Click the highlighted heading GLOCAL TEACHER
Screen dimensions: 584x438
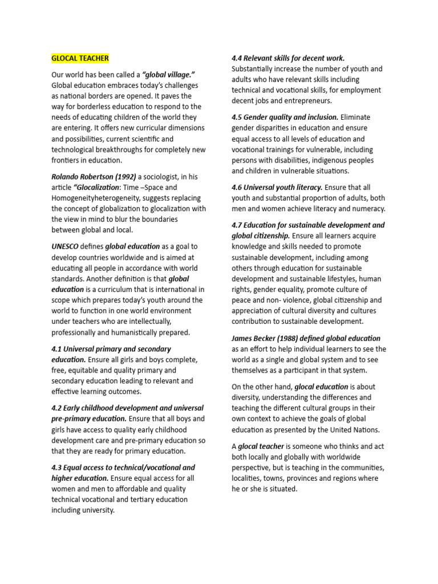80,58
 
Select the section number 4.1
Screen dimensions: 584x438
57,348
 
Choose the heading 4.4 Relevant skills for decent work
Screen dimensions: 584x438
288,58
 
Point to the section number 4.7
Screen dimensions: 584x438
237,225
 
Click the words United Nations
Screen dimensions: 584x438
356,429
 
